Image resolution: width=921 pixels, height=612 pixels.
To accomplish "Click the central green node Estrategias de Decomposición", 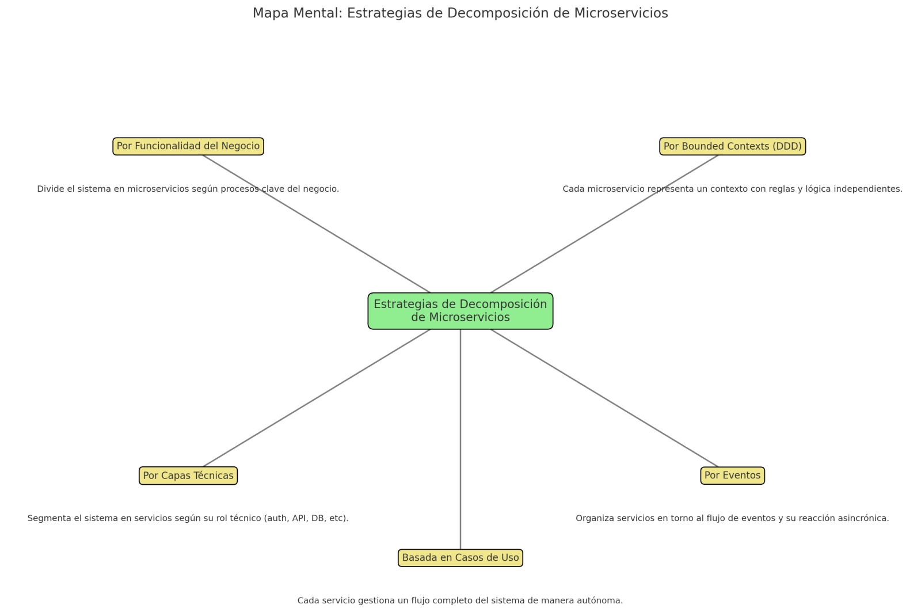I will (x=461, y=311).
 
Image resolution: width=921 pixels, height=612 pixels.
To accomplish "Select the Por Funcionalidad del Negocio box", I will (x=188, y=146).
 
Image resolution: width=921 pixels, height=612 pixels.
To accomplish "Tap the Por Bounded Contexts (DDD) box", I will (x=732, y=146).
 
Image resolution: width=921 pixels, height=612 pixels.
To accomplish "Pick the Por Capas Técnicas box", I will (x=188, y=476).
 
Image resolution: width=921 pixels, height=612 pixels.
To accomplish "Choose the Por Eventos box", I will (x=732, y=476).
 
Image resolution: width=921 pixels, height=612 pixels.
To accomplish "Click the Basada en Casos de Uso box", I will (x=461, y=558).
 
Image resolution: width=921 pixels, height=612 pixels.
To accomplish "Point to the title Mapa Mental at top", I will (x=460, y=13).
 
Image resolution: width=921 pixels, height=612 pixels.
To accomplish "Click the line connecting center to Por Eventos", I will (x=604, y=398).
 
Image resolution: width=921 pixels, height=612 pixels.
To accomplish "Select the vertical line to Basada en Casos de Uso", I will (x=461, y=438).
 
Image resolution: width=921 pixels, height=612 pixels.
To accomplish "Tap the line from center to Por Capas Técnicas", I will (x=317, y=398).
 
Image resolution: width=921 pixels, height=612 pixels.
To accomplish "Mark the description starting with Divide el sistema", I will (x=188, y=189).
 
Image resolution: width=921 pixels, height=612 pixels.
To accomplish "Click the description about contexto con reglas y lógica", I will (x=732, y=189).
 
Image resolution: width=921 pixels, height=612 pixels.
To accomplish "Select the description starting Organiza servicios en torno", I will (x=732, y=518).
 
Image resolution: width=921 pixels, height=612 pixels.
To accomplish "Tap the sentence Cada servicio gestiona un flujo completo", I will (x=460, y=600).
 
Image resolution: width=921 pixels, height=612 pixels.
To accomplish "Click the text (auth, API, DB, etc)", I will (x=306, y=518).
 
